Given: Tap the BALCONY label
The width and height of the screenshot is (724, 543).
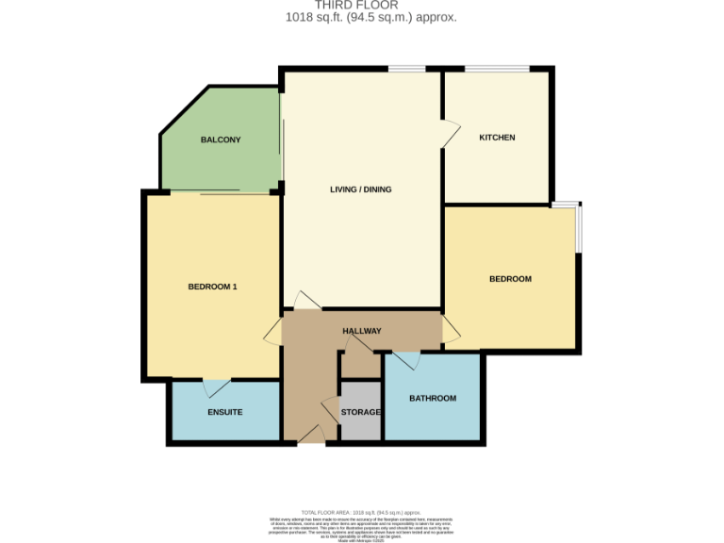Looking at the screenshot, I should click(221, 140).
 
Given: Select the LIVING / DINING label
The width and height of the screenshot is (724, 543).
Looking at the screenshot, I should click(360, 189).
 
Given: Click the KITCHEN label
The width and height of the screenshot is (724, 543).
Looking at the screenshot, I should click(497, 138).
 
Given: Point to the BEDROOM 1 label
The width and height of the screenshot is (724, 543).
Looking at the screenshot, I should click(212, 287).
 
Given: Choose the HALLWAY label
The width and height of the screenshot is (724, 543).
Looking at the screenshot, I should click(361, 331).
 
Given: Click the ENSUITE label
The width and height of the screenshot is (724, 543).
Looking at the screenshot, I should click(224, 412).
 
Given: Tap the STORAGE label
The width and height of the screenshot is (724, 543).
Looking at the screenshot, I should click(360, 413).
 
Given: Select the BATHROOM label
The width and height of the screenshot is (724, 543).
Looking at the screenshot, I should click(432, 398).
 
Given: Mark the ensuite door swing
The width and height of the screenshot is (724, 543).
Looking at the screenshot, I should click(216, 387).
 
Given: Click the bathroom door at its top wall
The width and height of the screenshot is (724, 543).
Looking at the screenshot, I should click(406, 360).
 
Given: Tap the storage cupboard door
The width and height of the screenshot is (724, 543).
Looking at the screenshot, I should click(331, 411).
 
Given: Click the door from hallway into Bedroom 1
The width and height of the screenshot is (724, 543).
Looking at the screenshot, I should click(273, 330).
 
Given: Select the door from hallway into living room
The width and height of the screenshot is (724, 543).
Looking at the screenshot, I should click(306, 301).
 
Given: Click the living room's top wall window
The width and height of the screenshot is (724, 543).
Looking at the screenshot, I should click(406, 68).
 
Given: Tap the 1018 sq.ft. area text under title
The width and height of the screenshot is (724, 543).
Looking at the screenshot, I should click(370, 18).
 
